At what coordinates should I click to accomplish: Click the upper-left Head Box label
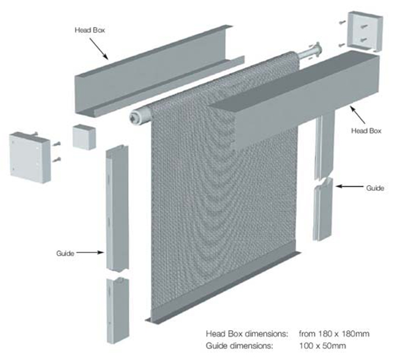90,30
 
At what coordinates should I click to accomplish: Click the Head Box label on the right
366,131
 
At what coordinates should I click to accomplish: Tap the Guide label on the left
65,253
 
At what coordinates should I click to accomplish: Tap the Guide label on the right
375,188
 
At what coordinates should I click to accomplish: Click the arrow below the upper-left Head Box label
99,49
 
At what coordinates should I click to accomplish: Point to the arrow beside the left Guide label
90,252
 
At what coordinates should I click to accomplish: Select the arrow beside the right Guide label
349,186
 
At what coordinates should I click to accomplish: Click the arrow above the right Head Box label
358,115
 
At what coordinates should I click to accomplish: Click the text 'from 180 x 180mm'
334,334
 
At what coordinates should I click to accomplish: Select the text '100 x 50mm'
322,345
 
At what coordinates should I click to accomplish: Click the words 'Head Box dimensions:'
247,334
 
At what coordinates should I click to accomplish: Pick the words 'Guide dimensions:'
239,345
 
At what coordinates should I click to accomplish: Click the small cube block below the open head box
84,137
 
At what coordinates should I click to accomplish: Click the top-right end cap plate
365,31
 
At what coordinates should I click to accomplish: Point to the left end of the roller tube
135,117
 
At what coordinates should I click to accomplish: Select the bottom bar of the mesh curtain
223,287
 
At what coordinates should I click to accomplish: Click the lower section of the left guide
117,310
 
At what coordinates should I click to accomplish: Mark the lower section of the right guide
323,209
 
